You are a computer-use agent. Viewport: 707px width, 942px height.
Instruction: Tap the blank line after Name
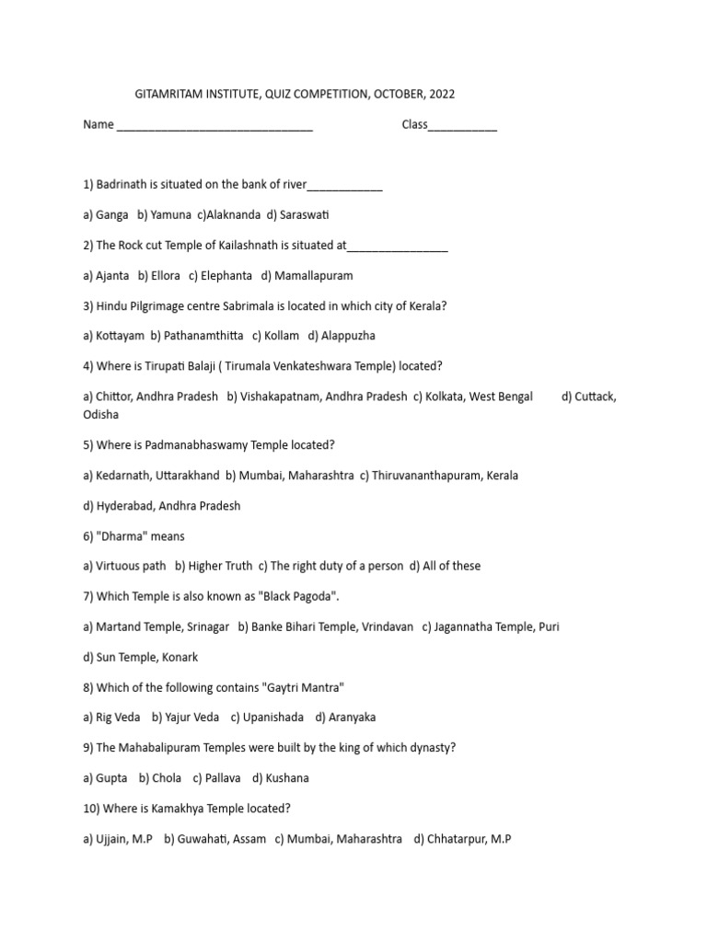click(x=214, y=127)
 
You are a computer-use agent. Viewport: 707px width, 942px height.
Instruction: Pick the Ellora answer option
click(x=158, y=275)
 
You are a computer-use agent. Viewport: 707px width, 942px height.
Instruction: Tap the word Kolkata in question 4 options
click(x=446, y=396)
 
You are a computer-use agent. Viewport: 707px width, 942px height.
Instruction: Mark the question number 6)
click(x=88, y=536)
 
